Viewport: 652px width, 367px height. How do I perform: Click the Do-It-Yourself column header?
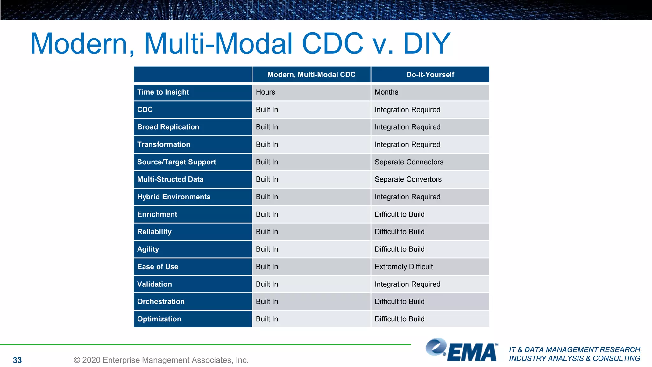point(430,75)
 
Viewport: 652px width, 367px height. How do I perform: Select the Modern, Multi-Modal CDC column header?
point(311,75)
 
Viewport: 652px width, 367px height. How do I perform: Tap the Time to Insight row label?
point(163,92)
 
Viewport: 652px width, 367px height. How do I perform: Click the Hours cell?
point(266,92)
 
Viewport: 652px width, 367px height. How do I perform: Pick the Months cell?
point(386,92)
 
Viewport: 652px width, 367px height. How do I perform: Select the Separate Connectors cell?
point(409,162)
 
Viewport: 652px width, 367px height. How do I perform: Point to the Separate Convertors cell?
point(408,179)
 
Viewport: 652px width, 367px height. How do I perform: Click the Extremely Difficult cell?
point(404,267)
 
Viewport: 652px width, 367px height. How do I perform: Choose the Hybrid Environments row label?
point(174,197)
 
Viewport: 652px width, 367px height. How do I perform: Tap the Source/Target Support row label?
point(176,162)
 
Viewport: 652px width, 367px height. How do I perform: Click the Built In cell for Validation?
point(267,284)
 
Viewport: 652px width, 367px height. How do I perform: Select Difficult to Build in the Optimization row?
point(400,319)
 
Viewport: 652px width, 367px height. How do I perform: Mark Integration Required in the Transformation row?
point(407,144)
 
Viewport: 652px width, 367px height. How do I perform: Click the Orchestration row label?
point(161,301)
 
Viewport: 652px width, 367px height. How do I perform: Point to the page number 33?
point(17,360)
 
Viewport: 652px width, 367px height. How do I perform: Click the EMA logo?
point(462,350)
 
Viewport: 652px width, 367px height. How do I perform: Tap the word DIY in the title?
point(427,44)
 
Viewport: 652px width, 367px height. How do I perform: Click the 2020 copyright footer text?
point(161,360)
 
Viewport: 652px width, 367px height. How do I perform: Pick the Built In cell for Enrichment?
point(267,214)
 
